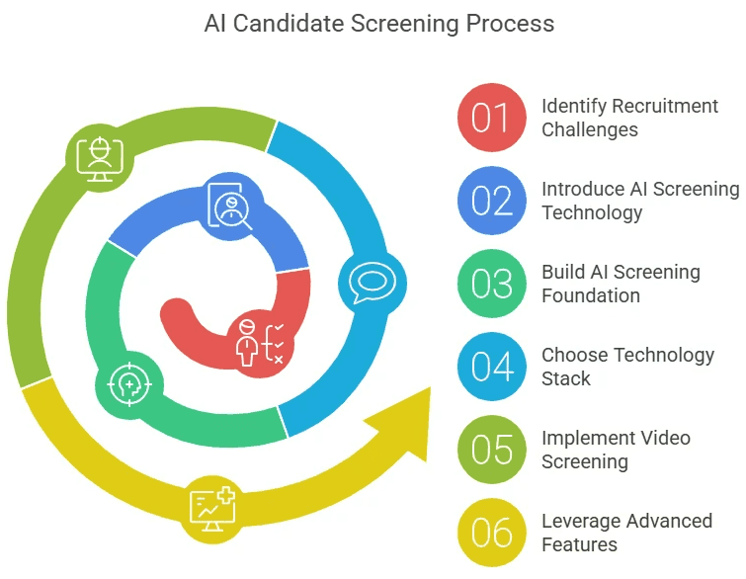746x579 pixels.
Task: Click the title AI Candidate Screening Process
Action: [x=379, y=23]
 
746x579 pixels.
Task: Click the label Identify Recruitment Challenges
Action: [x=629, y=118]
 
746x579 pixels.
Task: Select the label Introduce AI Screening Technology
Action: [x=639, y=201]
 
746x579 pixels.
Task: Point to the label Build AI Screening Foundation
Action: [x=621, y=284]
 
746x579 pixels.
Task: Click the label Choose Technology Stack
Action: [x=627, y=367]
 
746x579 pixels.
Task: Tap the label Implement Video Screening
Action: [x=616, y=450]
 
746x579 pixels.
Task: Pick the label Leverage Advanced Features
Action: [x=626, y=533]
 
